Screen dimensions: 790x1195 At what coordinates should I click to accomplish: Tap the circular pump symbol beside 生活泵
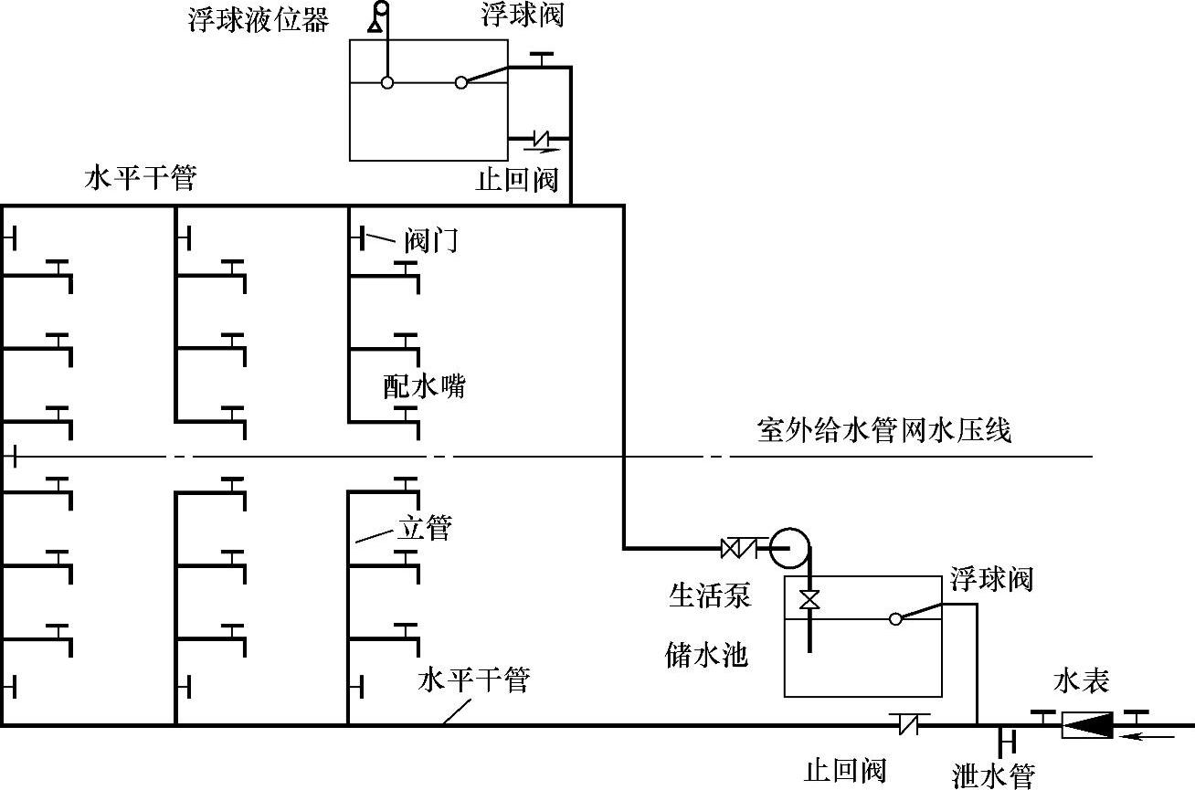coord(788,547)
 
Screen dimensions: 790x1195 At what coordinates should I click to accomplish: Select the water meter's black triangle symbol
coord(1087,725)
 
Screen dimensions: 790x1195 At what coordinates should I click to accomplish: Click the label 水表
coord(1082,680)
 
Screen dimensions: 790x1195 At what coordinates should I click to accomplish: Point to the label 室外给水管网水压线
coord(884,430)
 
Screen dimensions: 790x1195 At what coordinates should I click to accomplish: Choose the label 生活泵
coord(710,596)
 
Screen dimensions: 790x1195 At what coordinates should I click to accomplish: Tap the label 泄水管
coord(993,776)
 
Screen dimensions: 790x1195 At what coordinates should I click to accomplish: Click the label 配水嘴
coord(424,386)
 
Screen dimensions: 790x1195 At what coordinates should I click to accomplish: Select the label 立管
coord(424,528)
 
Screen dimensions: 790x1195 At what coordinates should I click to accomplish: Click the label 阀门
coord(429,241)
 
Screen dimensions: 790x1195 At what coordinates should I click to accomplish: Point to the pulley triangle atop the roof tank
coord(375,25)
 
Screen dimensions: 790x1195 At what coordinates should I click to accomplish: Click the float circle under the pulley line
coord(387,82)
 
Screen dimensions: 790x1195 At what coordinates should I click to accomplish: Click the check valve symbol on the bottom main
coord(911,724)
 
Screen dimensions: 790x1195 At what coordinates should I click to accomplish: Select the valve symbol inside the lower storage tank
coord(809,601)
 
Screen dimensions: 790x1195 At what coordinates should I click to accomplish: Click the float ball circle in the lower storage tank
coord(895,618)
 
